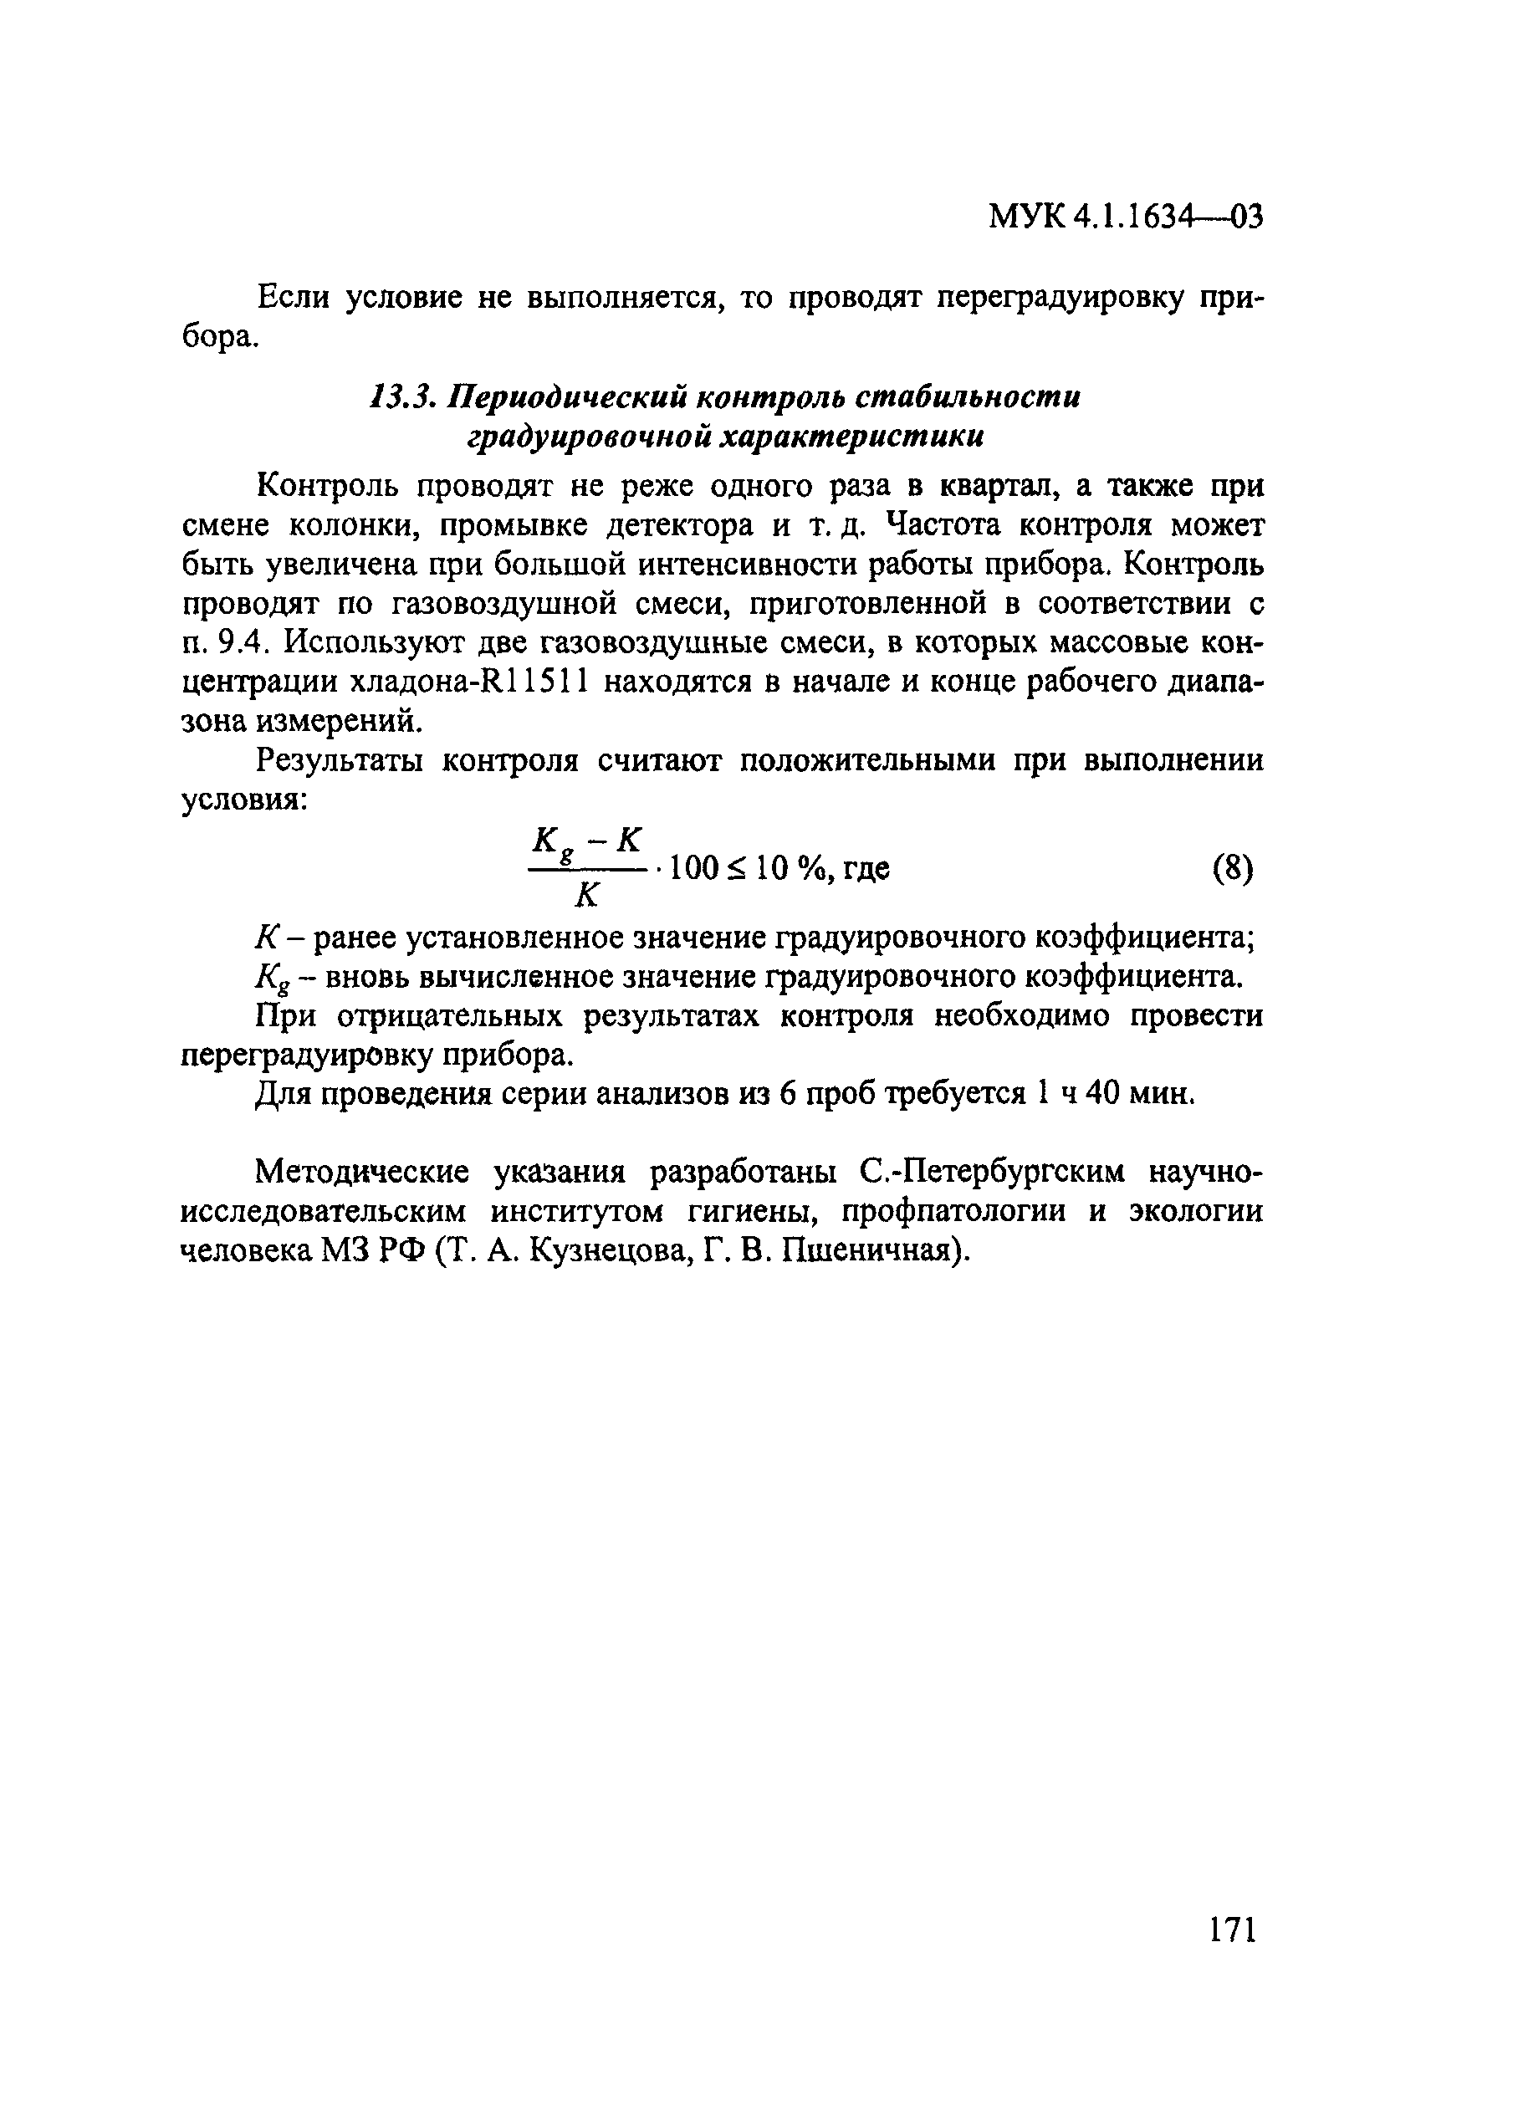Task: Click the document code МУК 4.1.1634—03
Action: click(x=1125, y=217)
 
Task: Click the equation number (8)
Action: click(x=1232, y=870)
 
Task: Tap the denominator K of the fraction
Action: click(x=585, y=897)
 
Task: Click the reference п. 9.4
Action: click(x=225, y=644)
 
